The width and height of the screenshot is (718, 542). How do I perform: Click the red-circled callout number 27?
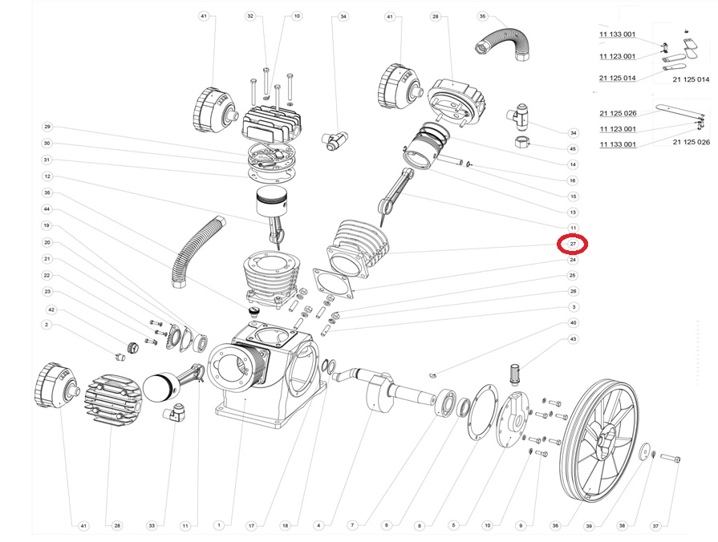[x=573, y=244]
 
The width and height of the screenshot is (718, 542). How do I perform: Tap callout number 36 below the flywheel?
[x=554, y=526]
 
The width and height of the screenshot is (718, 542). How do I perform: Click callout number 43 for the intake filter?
[x=573, y=339]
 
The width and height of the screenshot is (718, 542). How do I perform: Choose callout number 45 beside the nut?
[x=573, y=148]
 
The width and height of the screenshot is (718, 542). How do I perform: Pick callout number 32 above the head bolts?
[x=250, y=16]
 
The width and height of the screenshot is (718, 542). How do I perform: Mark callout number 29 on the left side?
[x=47, y=127]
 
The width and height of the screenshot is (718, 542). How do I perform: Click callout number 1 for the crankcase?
[x=217, y=526]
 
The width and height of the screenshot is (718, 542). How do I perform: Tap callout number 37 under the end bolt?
[x=655, y=526]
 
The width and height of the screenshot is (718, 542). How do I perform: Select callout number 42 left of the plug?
[x=51, y=309]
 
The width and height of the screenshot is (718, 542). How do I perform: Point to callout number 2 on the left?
[x=47, y=325]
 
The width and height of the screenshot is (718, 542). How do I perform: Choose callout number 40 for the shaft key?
[x=573, y=323]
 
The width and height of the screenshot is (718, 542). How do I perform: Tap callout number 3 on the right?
[x=573, y=307]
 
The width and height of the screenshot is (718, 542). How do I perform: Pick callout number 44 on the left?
[x=47, y=208]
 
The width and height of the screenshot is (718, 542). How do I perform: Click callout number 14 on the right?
[x=573, y=164]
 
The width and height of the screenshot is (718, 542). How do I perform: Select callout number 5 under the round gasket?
[x=453, y=526]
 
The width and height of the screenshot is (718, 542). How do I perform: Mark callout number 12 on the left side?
[x=47, y=176]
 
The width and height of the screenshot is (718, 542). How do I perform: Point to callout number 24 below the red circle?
[x=573, y=260]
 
